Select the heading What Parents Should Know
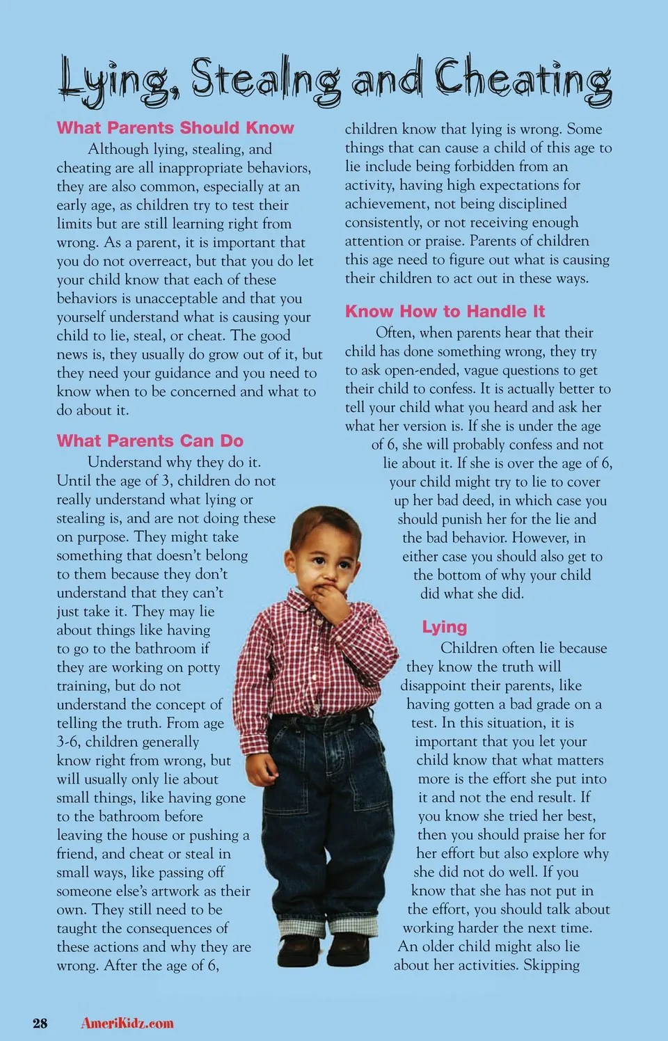click(x=175, y=128)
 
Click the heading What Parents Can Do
click(x=150, y=441)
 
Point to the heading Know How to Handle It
click(x=445, y=312)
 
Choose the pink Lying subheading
click(x=444, y=627)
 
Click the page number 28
click(x=40, y=1023)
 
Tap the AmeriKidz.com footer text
click(x=127, y=1023)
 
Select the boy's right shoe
click(x=299, y=950)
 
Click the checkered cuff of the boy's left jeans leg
click(x=353, y=926)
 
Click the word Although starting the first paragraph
click(x=118, y=149)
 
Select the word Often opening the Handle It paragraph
click(x=395, y=333)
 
